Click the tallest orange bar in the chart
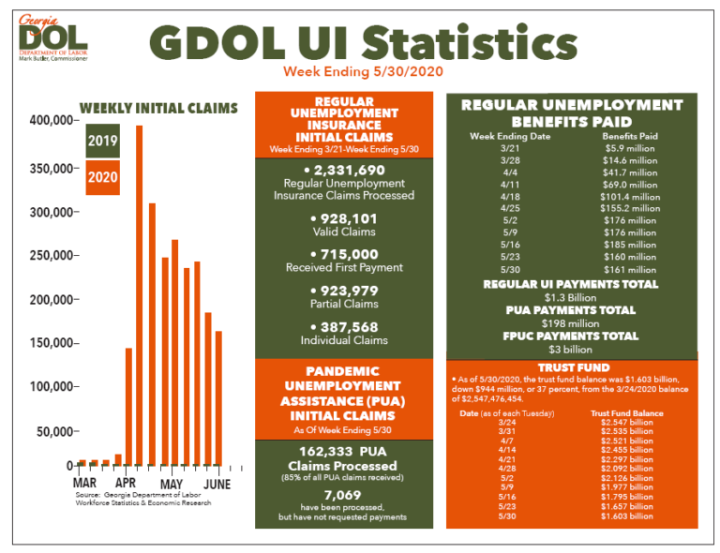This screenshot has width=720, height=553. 140,294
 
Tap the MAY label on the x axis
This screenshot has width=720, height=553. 171,483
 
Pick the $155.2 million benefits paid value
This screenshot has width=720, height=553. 630,208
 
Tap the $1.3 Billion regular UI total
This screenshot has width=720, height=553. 571,297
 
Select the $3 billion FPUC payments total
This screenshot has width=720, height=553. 571,349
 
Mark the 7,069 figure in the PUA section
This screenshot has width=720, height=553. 343,494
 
